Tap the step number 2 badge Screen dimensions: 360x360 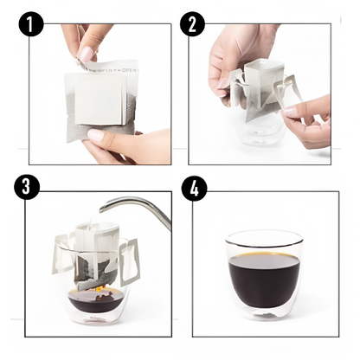click(x=193, y=24)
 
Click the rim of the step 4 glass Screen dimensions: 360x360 click(x=263, y=235)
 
